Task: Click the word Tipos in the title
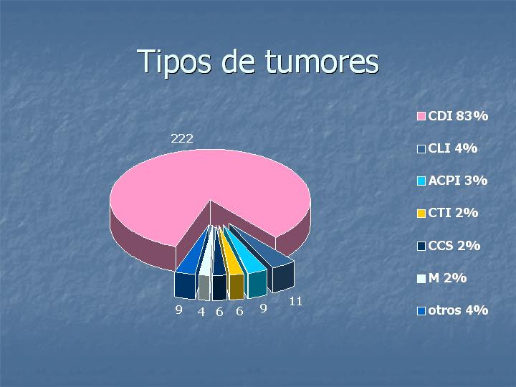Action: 173,62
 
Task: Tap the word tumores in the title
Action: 322,62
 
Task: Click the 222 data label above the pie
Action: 181,138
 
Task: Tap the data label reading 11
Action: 295,301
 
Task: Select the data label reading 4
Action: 201,312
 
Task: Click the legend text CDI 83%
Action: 458,116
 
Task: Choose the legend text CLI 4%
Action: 452,148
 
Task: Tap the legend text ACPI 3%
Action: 457,181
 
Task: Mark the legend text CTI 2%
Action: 453,213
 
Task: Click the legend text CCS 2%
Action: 454,246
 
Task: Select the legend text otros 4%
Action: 458,310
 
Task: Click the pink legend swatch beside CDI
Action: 421,116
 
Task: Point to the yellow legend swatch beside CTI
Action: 421,214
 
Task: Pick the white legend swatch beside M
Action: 421,278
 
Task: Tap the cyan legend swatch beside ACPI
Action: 421,181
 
